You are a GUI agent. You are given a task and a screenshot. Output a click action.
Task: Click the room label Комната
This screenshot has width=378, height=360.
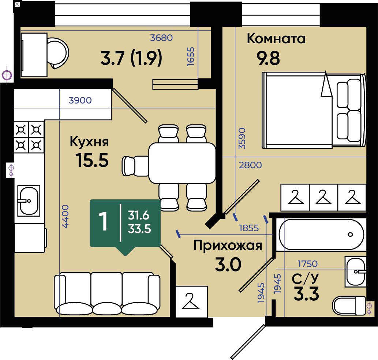click(276, 39)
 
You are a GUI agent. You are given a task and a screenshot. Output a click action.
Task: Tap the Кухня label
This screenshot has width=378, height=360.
click(89, 142)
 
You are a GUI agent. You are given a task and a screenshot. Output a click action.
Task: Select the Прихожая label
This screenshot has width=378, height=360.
click(228, 246)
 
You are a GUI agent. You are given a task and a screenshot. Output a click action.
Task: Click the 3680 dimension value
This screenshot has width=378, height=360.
click(161, 38)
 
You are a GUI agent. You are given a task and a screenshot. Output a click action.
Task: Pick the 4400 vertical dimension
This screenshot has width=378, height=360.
click(66, 216)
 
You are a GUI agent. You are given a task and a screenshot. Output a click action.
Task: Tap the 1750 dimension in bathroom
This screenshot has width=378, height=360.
click(308, 264)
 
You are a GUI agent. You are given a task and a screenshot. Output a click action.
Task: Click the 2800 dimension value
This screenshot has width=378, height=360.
click(250, 165)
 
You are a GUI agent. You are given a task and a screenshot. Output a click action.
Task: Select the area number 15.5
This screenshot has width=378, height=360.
click(92, 161)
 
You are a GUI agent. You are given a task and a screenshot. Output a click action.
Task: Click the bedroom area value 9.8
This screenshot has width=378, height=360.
click(268, 58)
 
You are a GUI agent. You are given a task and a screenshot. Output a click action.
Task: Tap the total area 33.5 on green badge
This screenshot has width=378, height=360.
click(139, 229)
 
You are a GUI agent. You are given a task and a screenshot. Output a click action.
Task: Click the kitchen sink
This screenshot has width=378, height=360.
click(29, 201)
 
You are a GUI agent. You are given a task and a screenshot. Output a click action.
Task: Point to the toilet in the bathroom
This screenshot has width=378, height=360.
click(349, 305)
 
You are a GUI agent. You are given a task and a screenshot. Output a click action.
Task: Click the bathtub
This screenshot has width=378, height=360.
click(321, 235)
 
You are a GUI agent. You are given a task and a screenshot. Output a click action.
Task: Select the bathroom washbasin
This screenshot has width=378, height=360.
click(356, 272)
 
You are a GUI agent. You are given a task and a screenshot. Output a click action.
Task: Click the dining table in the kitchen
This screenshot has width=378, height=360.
click(182, 163)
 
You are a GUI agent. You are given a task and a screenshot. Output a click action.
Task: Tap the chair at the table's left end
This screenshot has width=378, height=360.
click(135, 166)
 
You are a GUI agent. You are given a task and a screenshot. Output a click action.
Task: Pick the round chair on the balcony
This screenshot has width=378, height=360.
click(58, 53)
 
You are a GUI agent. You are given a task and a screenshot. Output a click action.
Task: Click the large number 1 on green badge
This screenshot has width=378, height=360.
click(103, 221)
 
